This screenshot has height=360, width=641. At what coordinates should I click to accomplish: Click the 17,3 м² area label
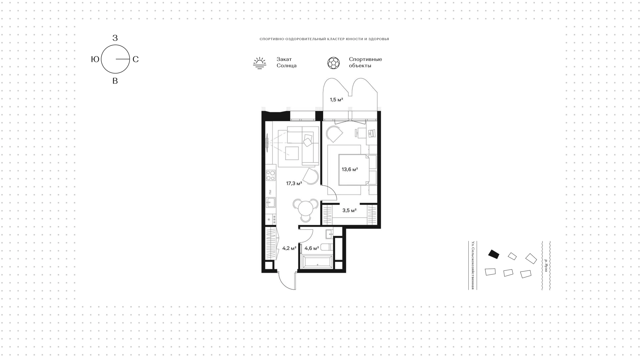(x=294, y=183)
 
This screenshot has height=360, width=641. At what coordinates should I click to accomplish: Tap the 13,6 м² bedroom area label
(x=350, y=169)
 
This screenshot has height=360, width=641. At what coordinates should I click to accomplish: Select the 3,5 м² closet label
(x=350, y=210)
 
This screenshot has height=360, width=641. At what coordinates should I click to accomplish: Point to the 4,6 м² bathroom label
(x=312, y=248)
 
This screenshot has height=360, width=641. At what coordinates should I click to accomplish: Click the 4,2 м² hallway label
(x=289, y=248)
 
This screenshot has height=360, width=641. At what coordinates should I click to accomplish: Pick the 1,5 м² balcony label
(x=337, y=100)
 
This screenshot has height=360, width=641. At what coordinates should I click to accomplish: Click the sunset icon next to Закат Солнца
(x=259, y=63)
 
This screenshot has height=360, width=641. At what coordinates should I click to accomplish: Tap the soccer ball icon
(x=334, y=63)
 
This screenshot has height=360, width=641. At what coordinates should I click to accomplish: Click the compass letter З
(x=115, y=38)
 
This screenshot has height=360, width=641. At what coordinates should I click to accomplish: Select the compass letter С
(x=136, y=59)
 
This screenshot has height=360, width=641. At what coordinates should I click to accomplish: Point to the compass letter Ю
(x=95, y=59)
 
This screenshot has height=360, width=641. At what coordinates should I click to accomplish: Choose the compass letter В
(x=115, y=81)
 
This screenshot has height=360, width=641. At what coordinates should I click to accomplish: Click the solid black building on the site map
(x=494, y=254)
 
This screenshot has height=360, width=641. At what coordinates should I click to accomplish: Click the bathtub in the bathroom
(x=317, y=262)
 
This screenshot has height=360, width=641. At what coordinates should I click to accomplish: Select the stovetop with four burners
(x=271, y=175)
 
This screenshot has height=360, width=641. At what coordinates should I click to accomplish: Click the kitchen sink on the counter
(x=271, y=202)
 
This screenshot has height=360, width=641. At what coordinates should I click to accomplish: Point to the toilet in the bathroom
(x=327, y=248)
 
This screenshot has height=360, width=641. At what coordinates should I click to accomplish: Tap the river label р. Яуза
(x=546, y=265)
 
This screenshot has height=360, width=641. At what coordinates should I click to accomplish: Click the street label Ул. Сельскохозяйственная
(x=473, y=265)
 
